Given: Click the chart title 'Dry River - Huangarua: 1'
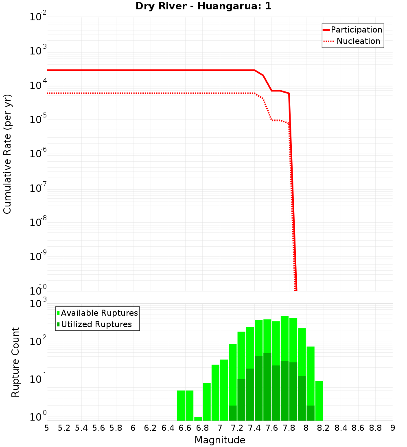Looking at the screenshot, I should coord(203,7).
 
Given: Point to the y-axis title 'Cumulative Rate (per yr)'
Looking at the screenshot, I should coord(7,154).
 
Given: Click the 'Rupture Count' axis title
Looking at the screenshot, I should coord(15,362).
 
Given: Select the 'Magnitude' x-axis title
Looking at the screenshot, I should coord(220,440).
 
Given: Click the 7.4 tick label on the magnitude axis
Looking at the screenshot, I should coord(254,428).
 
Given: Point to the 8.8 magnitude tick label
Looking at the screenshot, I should coord(375,428).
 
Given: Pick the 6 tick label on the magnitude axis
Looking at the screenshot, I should coord(133,428).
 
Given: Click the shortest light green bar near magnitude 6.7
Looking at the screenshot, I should coord(198,419).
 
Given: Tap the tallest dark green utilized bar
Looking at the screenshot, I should coord(267,386).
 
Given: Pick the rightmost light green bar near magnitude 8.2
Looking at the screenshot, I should coord(319,400).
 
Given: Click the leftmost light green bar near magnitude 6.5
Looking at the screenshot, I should coord(181,405).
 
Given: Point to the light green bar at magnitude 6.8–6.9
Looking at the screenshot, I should coord(207,401).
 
